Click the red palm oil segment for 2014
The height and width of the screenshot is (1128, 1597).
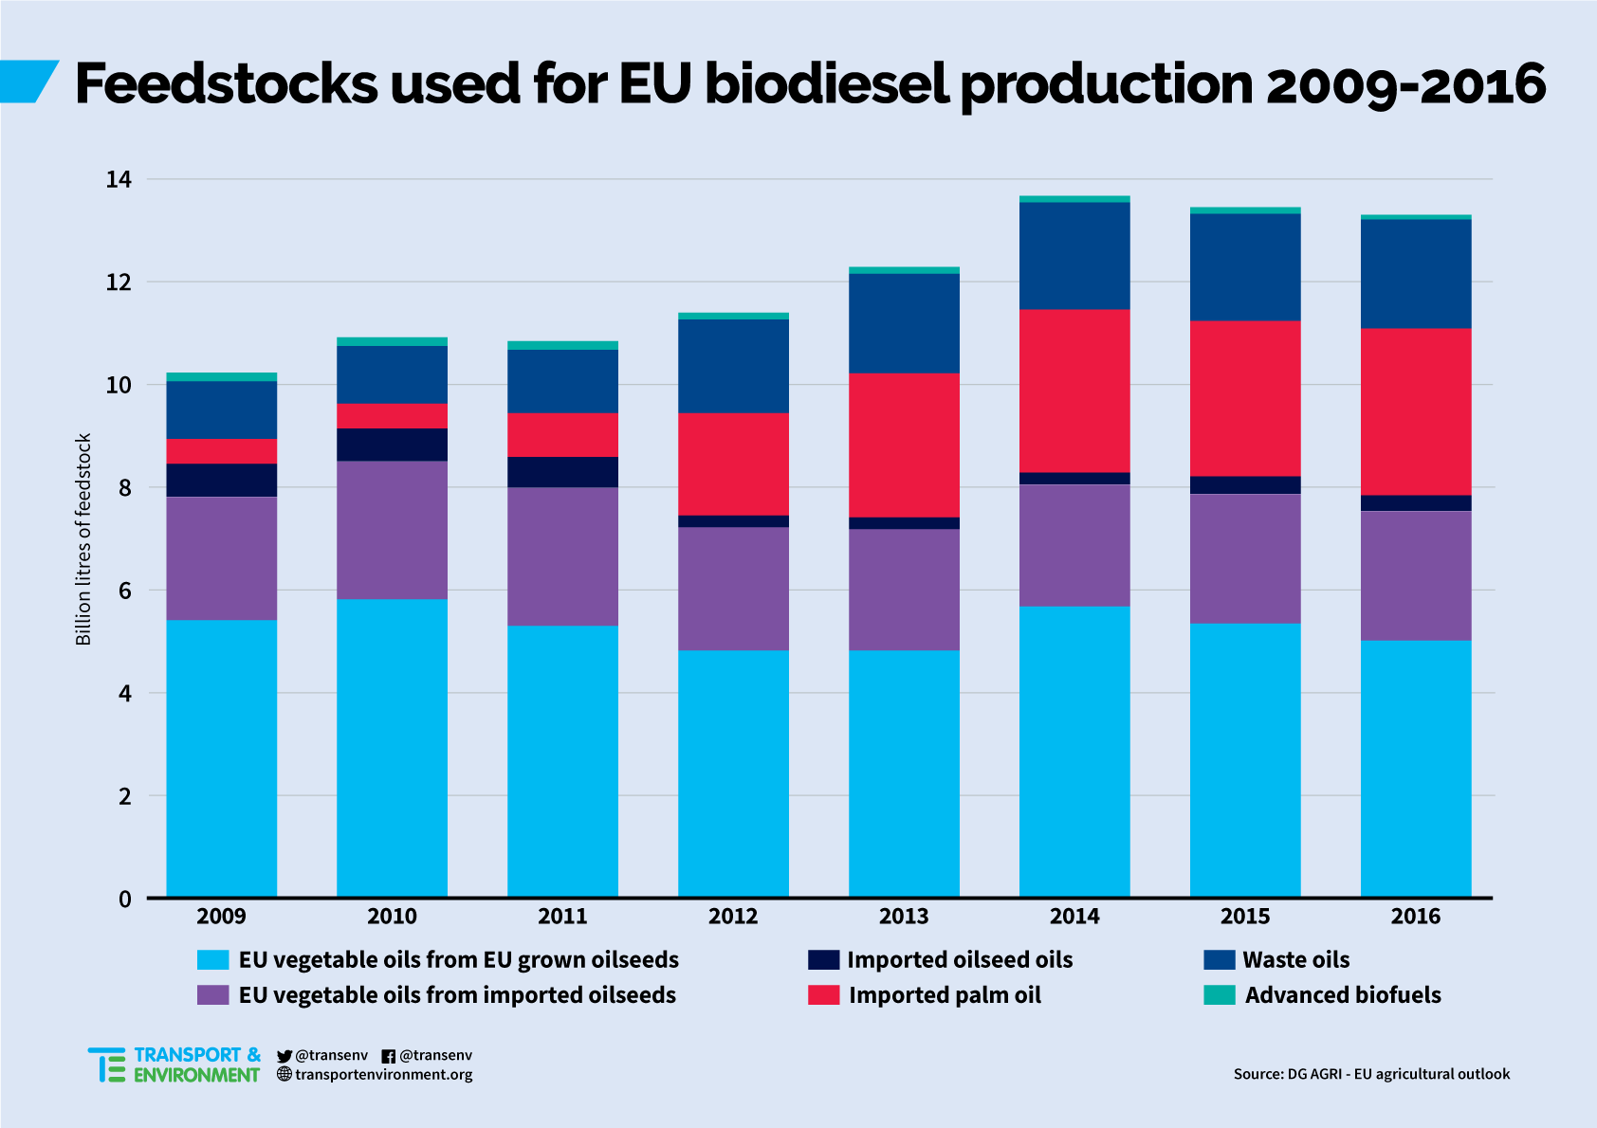1074,391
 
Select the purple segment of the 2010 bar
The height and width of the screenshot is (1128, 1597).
392,530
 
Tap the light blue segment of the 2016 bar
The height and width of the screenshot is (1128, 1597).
1416,768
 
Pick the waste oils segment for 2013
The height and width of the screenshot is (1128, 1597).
904,323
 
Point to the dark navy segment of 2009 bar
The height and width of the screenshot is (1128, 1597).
221,480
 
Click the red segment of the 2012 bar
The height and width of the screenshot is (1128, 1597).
733,464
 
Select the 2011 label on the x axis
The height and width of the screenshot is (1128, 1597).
562,917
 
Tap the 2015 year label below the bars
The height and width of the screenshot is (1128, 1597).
1245,917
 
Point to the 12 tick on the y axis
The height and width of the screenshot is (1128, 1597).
119,282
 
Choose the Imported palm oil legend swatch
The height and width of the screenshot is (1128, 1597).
823,995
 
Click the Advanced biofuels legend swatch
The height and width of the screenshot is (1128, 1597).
1220,995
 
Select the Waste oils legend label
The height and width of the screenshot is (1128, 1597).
1295,960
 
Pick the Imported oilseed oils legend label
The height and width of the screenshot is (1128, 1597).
960,960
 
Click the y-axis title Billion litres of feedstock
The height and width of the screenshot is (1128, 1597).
83,539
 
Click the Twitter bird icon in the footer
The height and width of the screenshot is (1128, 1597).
285,1056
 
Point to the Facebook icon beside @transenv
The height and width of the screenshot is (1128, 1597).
388,1056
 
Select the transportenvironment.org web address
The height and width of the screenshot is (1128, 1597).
383,1075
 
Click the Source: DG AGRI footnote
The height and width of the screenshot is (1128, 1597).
1371,1074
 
